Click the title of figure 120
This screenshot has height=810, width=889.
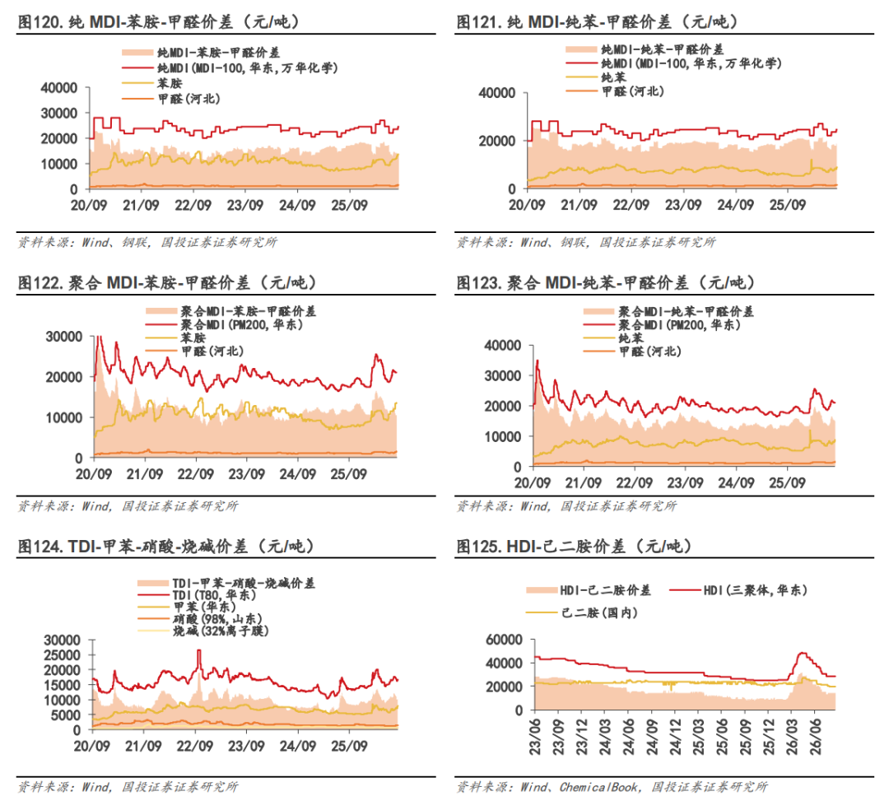(x=159, y=22)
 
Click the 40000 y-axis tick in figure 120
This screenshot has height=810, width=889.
(x=59, y=88)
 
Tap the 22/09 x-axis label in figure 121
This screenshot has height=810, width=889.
(x=631, y=205)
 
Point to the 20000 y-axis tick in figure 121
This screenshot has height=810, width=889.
(x=497, y=141)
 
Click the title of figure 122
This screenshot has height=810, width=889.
(x=167, y=282)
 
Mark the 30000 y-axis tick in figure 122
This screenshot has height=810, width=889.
(x=64, y=337)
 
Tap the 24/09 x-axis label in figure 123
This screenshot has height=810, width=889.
(x=736, y=482)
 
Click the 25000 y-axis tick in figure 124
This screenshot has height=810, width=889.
(x=63, y=655)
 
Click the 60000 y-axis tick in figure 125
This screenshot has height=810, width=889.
(x=504, y=640)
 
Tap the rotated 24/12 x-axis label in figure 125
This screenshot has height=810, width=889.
(x=675, y=737)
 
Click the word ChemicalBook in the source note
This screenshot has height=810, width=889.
(x=598, y=787)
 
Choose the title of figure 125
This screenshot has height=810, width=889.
(x=574, y=547)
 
